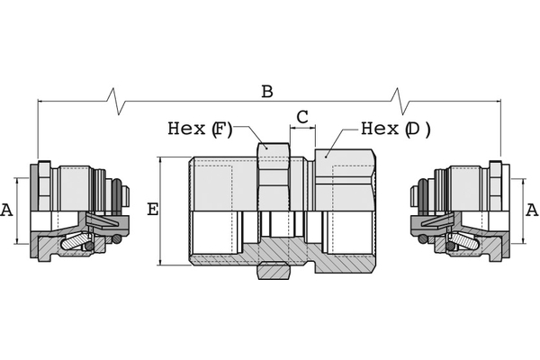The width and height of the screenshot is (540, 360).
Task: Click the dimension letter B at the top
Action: [266, 91]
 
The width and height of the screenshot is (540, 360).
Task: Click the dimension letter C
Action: [302, 116]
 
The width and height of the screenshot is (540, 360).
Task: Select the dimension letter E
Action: [152, 210]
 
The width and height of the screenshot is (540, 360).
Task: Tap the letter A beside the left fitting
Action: [7, 210]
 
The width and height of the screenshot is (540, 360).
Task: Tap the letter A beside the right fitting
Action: [532, 210]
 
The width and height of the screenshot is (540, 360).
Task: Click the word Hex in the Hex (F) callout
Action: [186, 129]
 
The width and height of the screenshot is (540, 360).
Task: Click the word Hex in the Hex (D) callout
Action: [379, 129]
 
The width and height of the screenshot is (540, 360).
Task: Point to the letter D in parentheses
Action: [413, 129]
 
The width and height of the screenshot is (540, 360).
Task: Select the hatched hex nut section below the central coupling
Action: [274, 270]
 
